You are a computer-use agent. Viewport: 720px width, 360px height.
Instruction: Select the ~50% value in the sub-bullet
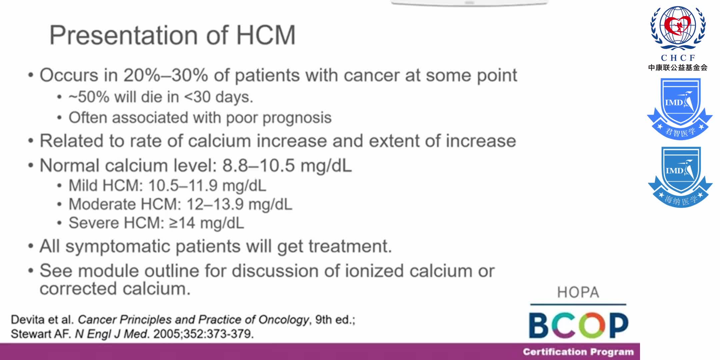tap(89, 97)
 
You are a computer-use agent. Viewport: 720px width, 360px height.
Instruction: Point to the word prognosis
tap(297, 118)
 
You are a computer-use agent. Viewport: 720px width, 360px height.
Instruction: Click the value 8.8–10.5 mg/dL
tap(287, 165)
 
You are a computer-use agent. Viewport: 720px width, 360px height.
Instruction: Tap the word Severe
tap(93, 223)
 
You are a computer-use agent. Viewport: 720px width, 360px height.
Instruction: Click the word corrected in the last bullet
tap(78, 289)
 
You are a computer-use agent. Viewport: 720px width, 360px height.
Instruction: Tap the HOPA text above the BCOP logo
tap(578, 293)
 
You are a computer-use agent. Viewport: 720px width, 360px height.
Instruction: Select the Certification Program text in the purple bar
tap(578, 352)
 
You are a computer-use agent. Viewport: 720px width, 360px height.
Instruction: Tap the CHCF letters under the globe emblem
tap(678, 58)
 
